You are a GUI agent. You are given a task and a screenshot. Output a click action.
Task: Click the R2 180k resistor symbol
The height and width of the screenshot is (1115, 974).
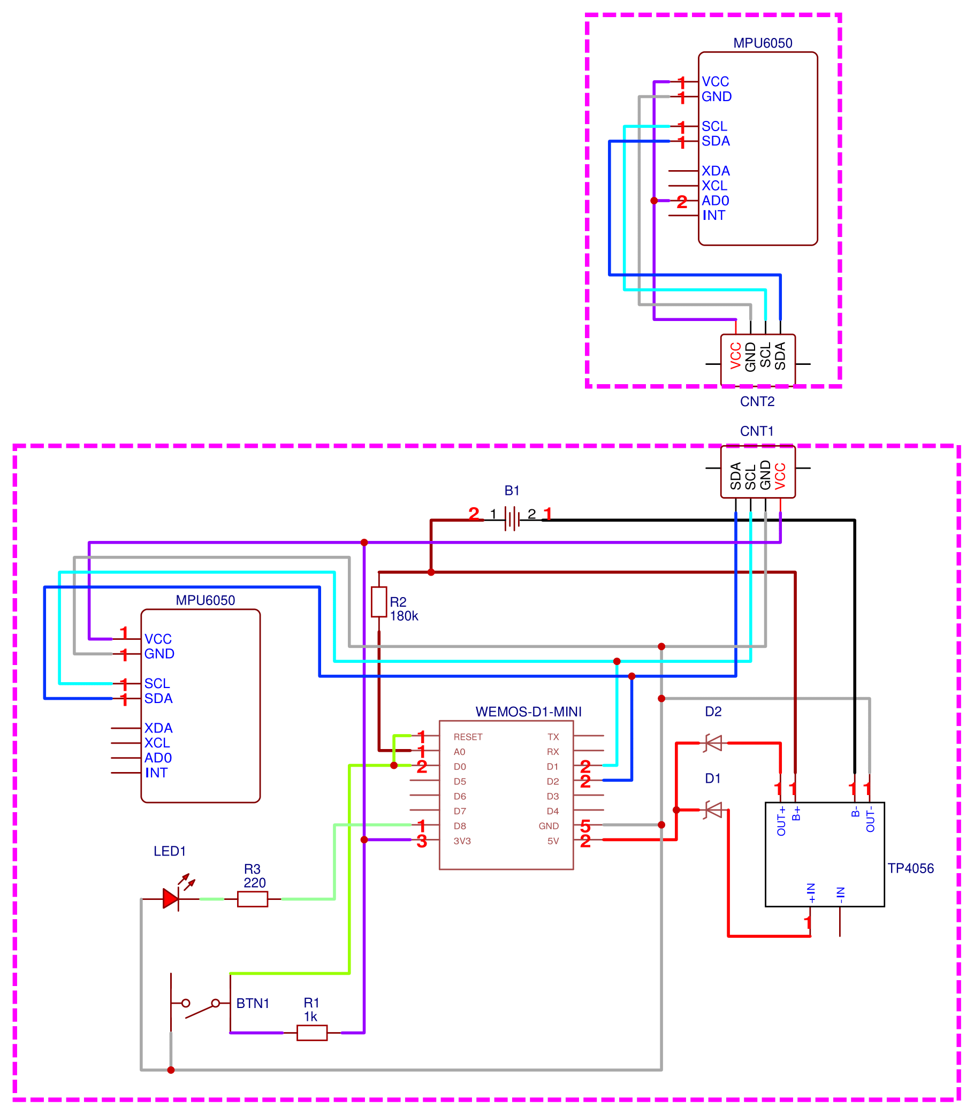379,601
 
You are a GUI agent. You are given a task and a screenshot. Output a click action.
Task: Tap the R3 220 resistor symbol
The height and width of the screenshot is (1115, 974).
252,899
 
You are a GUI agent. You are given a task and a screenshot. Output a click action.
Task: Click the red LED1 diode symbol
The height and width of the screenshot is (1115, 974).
171,899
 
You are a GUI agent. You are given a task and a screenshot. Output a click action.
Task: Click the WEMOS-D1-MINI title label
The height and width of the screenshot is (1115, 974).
528,712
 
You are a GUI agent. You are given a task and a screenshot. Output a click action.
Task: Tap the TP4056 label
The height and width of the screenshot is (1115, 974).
910,868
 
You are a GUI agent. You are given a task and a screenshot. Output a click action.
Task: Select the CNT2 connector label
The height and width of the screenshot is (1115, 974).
757,402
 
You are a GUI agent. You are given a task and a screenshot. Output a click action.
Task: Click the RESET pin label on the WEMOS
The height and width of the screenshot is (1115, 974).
468,737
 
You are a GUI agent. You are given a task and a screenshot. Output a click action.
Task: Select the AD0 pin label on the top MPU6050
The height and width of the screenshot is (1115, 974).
716,201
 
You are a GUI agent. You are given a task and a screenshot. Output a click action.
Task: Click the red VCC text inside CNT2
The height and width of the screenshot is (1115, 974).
735,356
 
